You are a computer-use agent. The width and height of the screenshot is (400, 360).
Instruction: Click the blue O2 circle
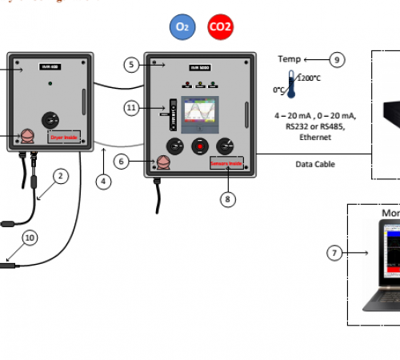(182, 27)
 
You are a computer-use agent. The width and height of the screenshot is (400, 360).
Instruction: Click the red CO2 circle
(220, 27)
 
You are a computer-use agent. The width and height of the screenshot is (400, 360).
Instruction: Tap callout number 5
(131, 63)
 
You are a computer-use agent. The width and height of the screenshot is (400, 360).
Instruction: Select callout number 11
(132, 107)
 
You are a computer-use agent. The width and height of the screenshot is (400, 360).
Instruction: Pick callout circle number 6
(121, 162)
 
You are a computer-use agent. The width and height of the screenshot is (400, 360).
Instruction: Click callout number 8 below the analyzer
(230, 199)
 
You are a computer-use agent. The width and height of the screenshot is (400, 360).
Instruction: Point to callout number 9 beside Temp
(337, 59)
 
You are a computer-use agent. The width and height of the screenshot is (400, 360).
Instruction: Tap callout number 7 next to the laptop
(335, 253)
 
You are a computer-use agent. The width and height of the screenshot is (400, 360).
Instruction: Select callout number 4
(104, 181)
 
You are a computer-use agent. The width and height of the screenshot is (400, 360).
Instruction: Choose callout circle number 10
(30, 238)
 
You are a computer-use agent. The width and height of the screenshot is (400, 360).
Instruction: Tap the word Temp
(289, 59)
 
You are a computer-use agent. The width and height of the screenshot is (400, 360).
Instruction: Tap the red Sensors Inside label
(226, 164)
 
